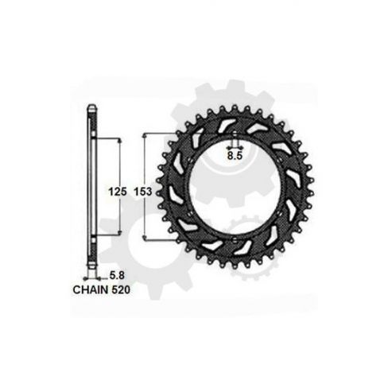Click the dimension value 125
tap(118, 192)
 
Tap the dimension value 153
tap(143, 192)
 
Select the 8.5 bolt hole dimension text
tap(235, 156)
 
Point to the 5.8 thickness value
tap(117, 276)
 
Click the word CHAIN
tap(91, 289)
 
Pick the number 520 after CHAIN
tap(121, 289)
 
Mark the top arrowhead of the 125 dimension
tap(119, 141)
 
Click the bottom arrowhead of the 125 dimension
tap(119, 232)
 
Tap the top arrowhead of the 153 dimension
tap(145, 136)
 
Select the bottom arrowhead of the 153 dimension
tap(145, 237)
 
